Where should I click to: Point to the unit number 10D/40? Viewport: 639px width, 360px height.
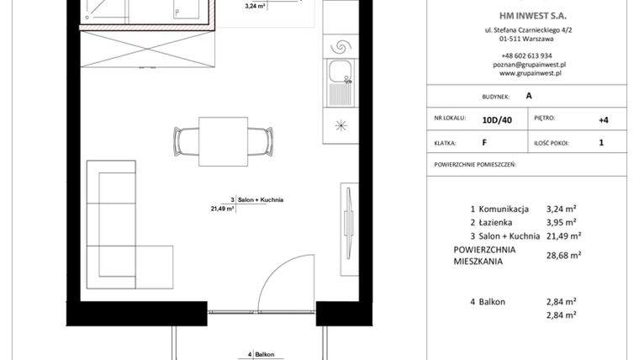pyautogui.click(x=497, y=120)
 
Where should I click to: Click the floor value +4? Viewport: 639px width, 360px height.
pyautogui.click(x=603, y=119)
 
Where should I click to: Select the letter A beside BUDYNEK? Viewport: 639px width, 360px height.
pyautogui.click(x=529, y=96)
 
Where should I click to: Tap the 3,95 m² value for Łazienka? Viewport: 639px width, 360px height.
pyautogui.click(x=562, y=222)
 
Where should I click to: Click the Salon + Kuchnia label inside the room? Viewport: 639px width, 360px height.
pyautogui.click(x=261, y=200)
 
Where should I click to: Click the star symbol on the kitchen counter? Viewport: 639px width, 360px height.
pyautogui.click(x=341, y=126)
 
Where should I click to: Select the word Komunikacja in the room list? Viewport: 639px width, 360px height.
pyautogui.click(x=505, y=208)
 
